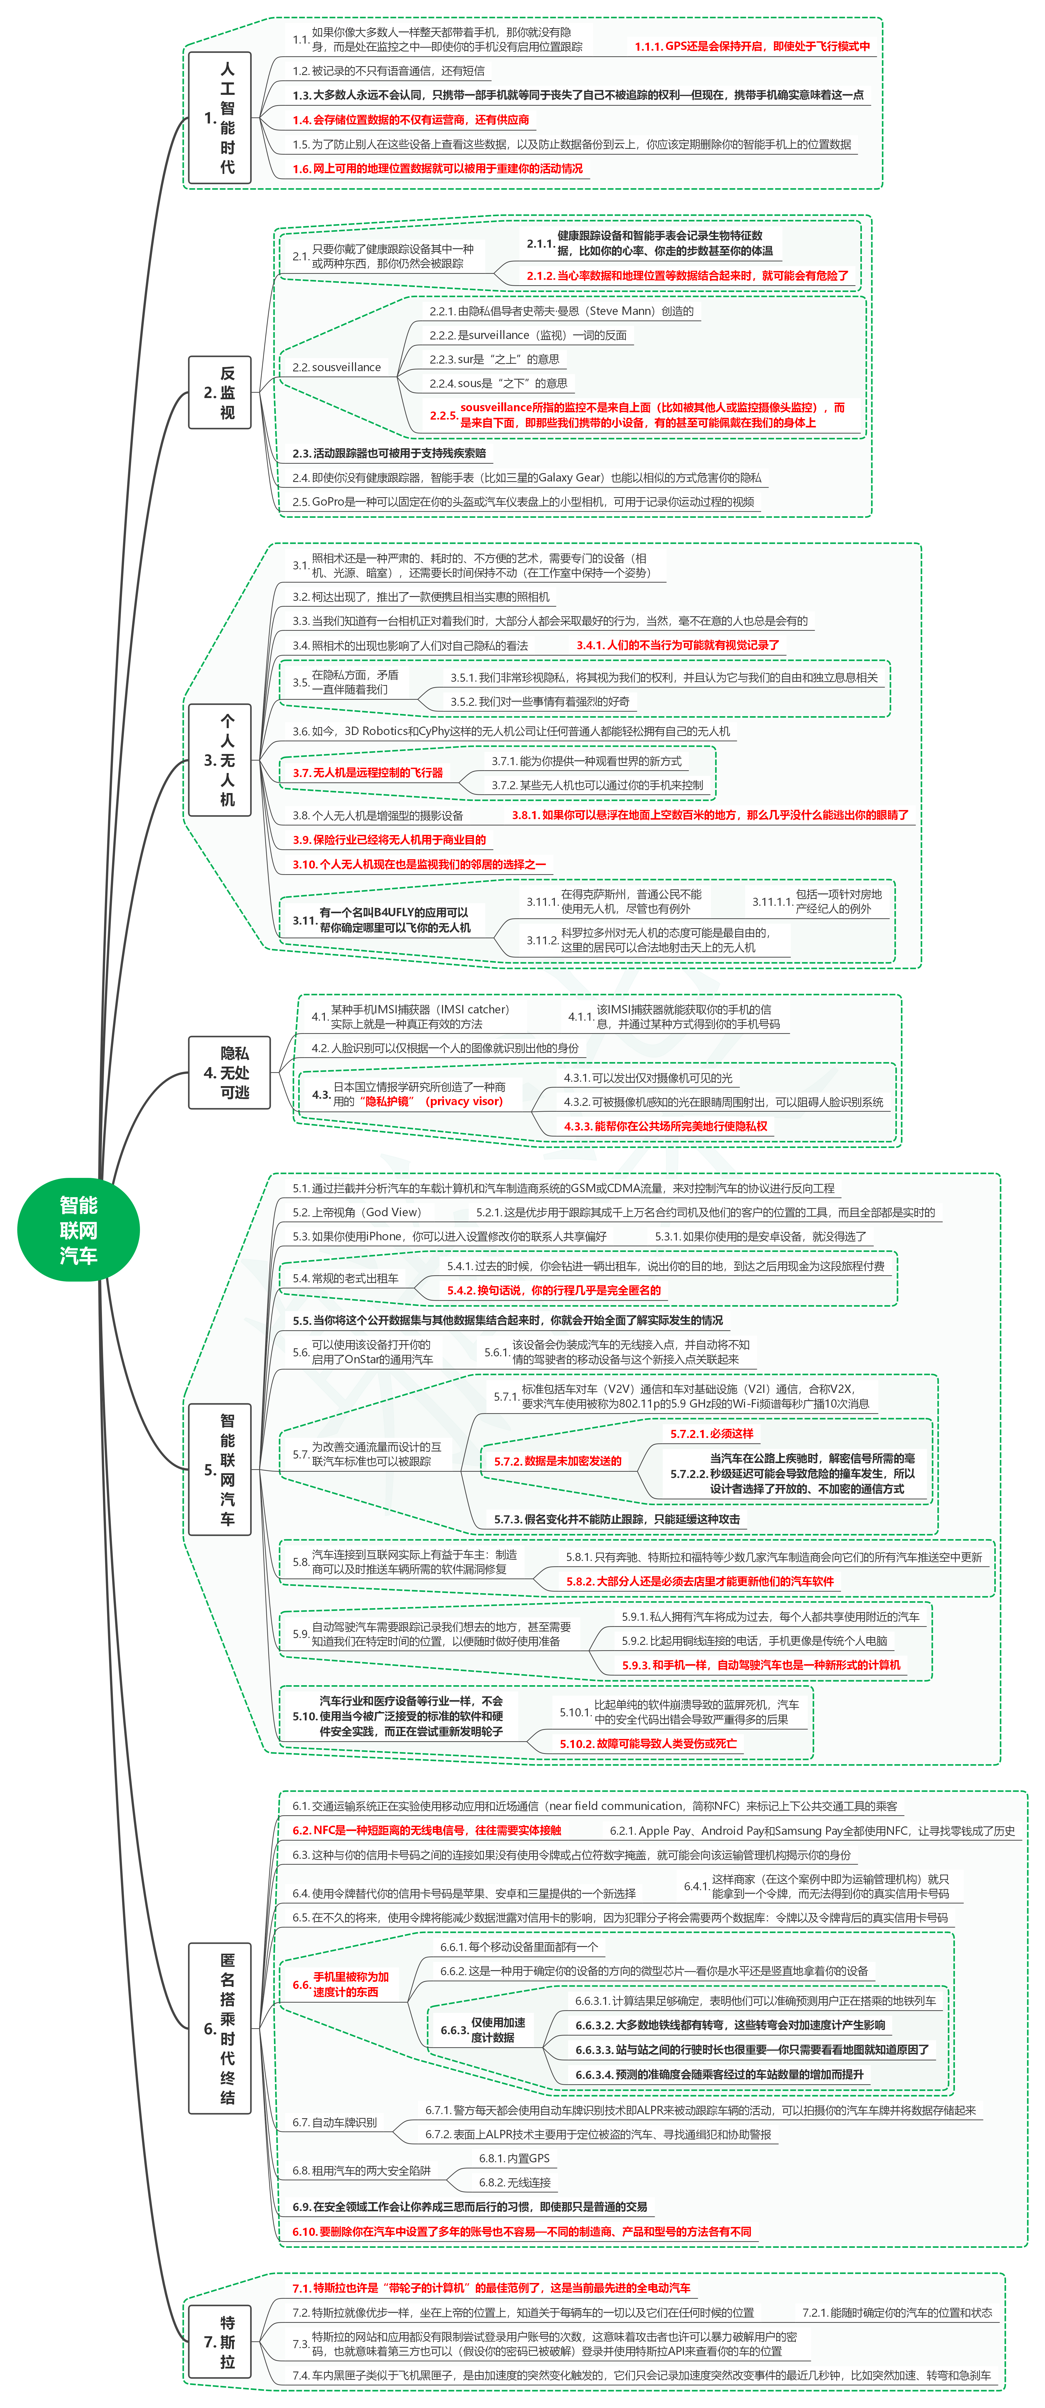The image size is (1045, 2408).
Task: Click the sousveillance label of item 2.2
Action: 336,367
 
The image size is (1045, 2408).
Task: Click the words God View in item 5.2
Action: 393,1212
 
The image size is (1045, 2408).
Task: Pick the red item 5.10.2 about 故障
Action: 648,1743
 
